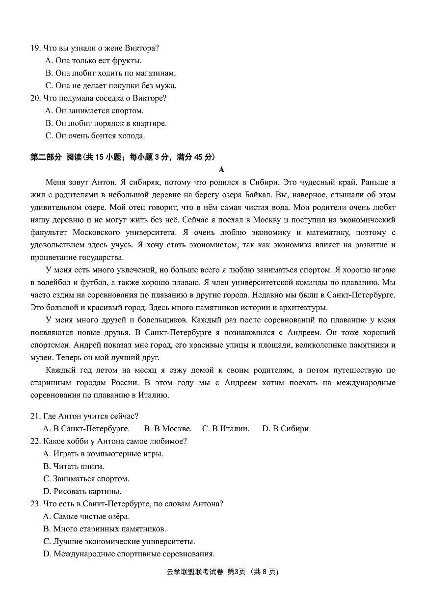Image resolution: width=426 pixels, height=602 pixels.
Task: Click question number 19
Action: pos(35,48)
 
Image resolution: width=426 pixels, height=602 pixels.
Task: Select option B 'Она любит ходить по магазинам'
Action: pos(110,73)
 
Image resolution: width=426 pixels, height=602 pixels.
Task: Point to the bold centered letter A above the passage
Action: pos(221,170)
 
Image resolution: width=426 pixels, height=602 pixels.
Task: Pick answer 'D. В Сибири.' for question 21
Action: pos(286,429)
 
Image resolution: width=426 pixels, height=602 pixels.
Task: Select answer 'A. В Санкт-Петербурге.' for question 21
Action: pos(86,429)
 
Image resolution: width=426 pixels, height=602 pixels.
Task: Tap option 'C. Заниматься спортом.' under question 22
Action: pos(86,479)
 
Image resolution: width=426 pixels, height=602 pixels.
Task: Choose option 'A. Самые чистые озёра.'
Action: pos(86,517)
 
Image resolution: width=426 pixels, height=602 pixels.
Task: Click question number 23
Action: pos(35,504)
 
